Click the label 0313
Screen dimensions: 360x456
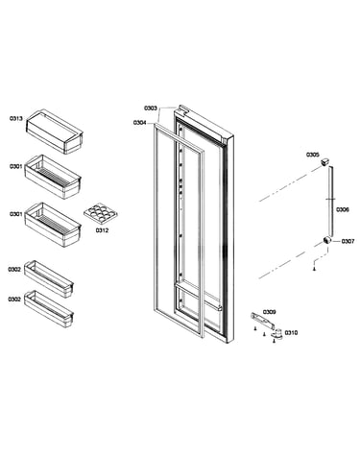[x=16, y=119]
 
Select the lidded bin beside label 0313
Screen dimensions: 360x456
[x=55, y=132]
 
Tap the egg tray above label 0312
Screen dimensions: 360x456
[x=101, y=214]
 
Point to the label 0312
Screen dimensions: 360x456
[x=102, y=230]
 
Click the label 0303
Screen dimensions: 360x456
[x=151, y=108]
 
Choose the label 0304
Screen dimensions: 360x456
[x=140, y=123]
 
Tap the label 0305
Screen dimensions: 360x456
[x=313, y=155]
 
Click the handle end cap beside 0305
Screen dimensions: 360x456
[x=324, y=161]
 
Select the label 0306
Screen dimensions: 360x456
[x=343, y=210]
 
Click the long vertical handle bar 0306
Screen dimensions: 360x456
[x=331, y=203]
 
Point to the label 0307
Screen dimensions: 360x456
[x=348, y=241]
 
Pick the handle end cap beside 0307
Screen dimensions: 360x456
[x=326, y=241]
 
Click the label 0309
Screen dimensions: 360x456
[x=270, y=312]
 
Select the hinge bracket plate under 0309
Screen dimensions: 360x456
[x=262, y=321]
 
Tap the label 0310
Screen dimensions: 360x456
[x=291, y=333]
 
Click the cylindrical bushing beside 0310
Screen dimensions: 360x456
[x=277, y=333]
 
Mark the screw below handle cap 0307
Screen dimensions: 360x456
[x=314, y=270]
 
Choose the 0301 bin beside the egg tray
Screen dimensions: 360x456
[x=53, y=225]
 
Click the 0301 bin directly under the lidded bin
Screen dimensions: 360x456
[x=53, y=177]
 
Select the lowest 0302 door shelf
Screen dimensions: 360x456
[x=49, y=309]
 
